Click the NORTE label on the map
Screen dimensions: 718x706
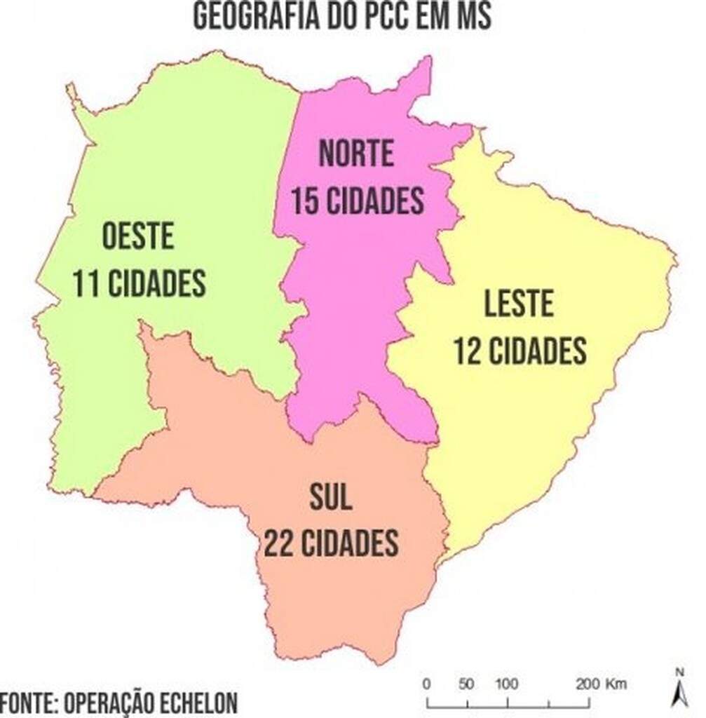point(356,154)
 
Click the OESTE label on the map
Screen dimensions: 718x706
point(138,237)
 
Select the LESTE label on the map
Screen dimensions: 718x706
point(519,304)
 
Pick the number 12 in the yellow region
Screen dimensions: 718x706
point(468,351)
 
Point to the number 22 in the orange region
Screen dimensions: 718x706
point(278,543)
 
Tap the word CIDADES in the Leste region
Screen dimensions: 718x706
point(538,351)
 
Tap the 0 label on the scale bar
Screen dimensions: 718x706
point(426,684)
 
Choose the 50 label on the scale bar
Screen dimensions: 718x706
point(466,684)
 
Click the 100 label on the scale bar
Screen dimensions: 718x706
point(506,684)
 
